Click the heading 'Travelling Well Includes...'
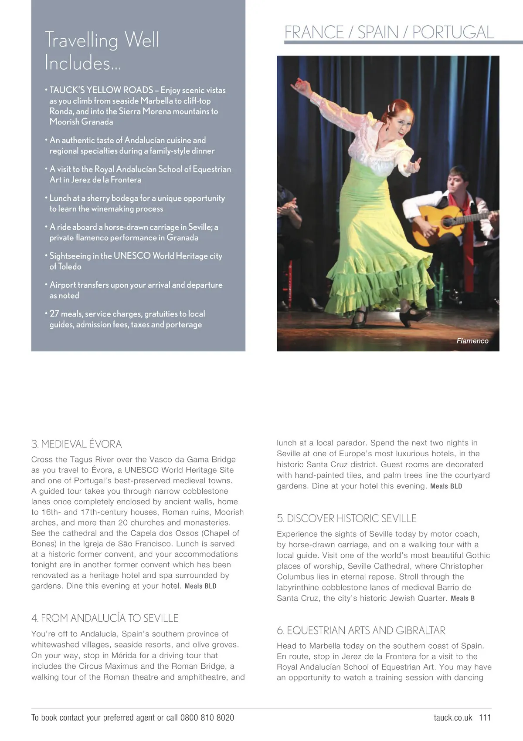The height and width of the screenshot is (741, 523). pos(102,51)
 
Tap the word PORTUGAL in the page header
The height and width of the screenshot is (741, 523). pos(453,32)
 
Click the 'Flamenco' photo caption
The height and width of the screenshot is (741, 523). pos(472,341)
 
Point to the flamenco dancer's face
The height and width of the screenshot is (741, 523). pos(403,123)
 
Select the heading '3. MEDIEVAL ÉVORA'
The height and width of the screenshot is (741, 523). pos(76,444)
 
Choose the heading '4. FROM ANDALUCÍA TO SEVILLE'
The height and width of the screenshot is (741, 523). pos(105,618)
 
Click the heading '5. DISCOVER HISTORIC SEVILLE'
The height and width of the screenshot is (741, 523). pos(346,518)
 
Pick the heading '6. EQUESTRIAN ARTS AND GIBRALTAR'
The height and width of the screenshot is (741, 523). pos(361,630)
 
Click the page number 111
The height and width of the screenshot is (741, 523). pos(485,717)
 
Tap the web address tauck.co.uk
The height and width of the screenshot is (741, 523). pos(453,717)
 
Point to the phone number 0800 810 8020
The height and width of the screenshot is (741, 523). pos(207,717)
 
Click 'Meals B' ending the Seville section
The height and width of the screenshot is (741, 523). pos(462,599)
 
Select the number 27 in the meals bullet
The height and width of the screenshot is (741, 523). pos(54,314)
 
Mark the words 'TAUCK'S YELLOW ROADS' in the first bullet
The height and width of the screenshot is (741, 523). pos(101,90)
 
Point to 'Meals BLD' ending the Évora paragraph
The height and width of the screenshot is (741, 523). pos(200,586)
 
